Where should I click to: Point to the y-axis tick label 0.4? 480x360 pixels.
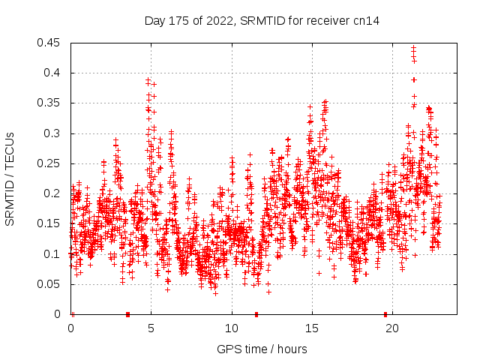[x=54, y=73]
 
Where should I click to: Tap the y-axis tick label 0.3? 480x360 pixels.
[x=54, y=133]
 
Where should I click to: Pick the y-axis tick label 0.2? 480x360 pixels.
[x=54, y=193]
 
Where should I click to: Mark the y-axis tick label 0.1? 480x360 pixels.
[x=54, y=253]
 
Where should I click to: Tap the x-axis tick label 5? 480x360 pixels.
[x=151, y=328]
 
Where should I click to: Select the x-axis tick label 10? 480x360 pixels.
[x=232, y=328]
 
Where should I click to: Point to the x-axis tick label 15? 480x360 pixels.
[x=312, y=328]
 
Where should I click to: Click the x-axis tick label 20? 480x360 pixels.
[x=392, y=328]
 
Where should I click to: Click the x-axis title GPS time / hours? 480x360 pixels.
[x=262, y=349]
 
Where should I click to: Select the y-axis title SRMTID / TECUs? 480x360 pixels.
[x=10, y=179]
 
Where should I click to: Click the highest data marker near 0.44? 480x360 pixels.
[x=414, y=49]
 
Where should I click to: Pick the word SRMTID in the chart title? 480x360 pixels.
[x=262, y=21]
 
